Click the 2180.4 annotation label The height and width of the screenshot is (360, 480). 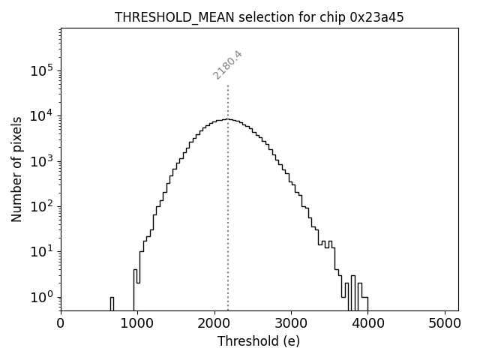(227, 64)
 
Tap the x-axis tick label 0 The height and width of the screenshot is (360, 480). (61, 325)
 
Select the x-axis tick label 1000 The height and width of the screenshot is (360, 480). (137, 325)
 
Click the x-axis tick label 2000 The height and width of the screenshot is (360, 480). (214, 325)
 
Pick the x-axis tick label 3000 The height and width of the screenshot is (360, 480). (291, 325)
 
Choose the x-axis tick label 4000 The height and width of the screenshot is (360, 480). (367, 325)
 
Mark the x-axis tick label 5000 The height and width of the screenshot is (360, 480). (445, 325)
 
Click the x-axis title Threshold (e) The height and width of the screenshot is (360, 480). (259, 341)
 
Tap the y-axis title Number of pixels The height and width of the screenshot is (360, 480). (16, 169)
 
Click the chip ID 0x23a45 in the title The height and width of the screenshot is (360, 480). (376, 17)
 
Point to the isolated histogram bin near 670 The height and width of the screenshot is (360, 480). (112, 303)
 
